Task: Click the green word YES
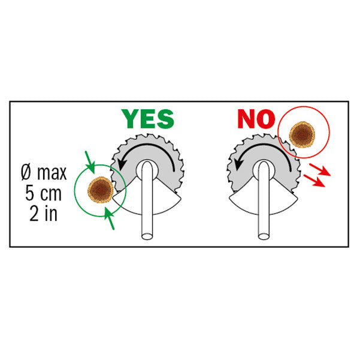[148, 119]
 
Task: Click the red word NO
[256, 119]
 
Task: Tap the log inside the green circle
[100, 190]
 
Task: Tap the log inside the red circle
[302, 135]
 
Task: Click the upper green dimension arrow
[90, 162]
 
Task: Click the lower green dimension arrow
[109, 218]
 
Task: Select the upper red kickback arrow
[320, 170]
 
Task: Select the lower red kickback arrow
[314, 181]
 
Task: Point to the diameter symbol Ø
[26, 173]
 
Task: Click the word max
[52, 173]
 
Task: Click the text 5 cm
[43, 193]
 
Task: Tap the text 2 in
[43, 214]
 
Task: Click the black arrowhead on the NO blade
[239, 164]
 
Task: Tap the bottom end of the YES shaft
[147, 236]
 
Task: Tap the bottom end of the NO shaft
[264, 236]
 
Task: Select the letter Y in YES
[130, 119]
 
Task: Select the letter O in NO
[266, 119]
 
